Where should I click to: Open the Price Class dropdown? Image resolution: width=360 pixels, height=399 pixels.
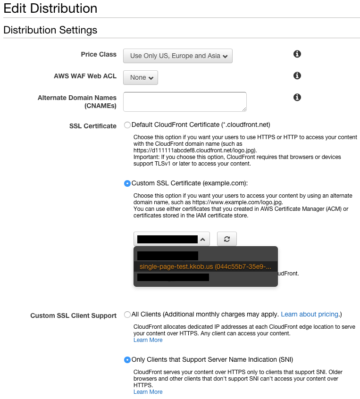tap(178, 56)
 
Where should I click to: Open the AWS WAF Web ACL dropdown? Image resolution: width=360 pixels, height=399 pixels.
tap(141, 77)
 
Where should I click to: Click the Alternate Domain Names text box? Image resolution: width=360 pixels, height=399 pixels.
tap(184, 101)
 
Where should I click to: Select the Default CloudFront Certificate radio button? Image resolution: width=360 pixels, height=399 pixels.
tap(127, 125)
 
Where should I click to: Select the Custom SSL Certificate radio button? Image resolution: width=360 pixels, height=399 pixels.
tap(127, 183)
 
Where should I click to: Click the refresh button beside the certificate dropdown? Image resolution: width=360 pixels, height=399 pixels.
tap(227, 239)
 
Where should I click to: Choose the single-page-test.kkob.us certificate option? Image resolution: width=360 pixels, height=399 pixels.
tap(205, 267)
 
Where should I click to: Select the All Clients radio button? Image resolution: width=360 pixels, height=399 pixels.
tap(127, 314)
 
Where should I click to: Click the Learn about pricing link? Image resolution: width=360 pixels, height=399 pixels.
tap(310, 314)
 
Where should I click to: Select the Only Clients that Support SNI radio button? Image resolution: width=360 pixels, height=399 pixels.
tap(127, 360)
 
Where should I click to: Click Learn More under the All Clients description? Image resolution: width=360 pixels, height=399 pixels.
tap(148, 340)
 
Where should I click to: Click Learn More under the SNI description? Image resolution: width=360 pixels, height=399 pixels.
tap(148, 392)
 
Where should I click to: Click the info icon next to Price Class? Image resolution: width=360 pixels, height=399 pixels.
tap(297, 54)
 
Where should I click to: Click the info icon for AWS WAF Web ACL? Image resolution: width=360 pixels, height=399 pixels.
tap(297, 75)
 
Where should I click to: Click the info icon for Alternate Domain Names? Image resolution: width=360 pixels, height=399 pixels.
tap(297, 97)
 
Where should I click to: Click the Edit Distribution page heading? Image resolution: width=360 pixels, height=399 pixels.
tap(50, 8)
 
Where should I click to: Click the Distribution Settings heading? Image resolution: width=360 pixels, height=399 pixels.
tap(50, 30)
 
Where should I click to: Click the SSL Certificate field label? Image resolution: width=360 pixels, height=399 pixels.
tap(93, 126)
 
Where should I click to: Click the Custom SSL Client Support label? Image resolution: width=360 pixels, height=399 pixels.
tap(74, 316)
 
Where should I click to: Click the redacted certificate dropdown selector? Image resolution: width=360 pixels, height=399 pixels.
tap(171, 239)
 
